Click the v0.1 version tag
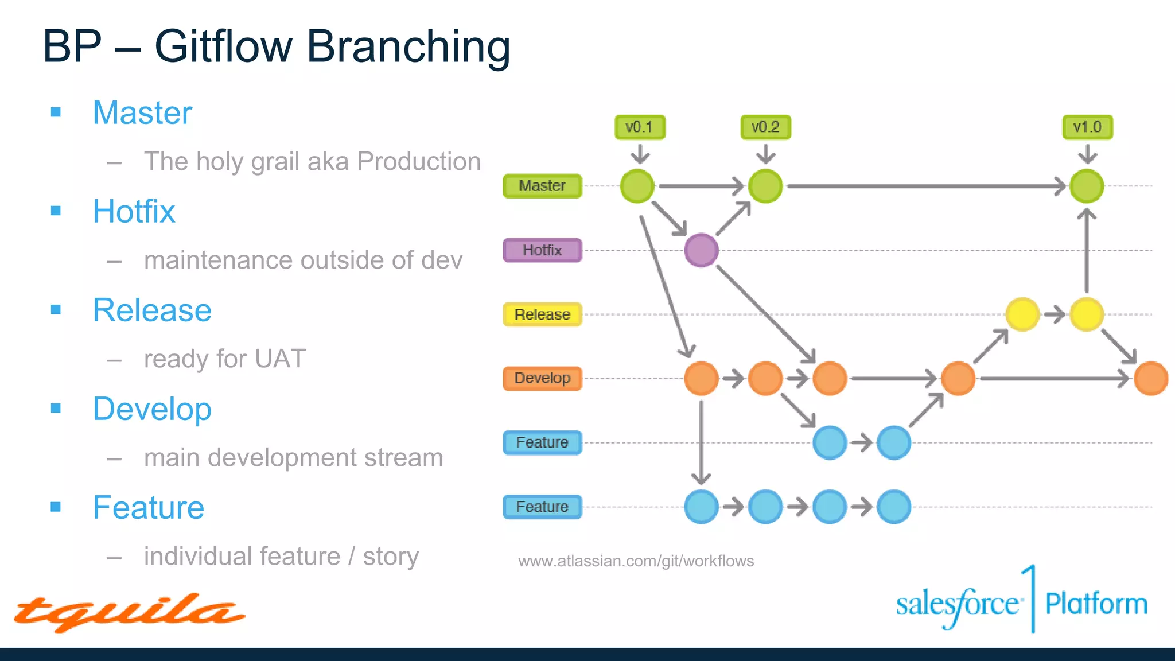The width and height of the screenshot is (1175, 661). (639, 127)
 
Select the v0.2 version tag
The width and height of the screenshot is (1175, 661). (765, 127)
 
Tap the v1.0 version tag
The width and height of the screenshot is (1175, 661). (1087, 127)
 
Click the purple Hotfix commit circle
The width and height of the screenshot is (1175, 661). (701, 250)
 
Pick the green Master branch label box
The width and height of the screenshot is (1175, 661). (542, 186)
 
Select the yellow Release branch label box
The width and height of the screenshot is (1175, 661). (542, 314)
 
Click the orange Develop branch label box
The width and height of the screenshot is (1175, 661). (542, 378)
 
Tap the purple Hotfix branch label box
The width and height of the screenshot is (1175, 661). (542, 250)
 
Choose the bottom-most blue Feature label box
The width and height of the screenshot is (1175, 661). (542, 507)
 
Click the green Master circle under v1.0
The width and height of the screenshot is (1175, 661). (1087, 186)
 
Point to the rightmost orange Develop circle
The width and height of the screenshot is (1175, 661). (1151, 379)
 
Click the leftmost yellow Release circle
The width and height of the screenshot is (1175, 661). (1022, 314)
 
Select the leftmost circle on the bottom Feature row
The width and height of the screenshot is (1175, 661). (701, 507)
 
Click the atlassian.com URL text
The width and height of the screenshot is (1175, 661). (636, 561)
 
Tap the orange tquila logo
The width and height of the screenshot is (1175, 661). (129, 612)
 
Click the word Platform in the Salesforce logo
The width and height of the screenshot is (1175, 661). (1096, 604)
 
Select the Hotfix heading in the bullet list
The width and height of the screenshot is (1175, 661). (134, 211)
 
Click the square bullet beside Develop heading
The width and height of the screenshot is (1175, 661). (56, 409)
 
